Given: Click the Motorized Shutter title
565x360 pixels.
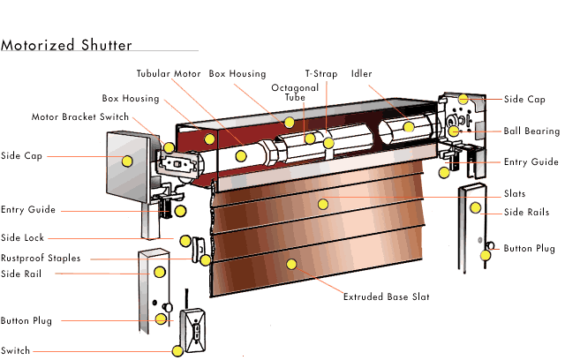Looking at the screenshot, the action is click(x=66, y=45).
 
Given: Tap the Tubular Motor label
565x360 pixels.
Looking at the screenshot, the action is click(x=169, y=73).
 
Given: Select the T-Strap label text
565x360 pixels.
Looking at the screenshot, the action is click(x=321, y=73).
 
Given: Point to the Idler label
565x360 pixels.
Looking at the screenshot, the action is click(x=361, y=73).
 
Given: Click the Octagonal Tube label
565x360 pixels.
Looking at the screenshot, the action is click(x=295, y=93).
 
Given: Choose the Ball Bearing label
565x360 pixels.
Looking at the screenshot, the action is click(x=531, y=131).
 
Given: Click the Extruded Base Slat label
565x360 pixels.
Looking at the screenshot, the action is click(x=387, y=296).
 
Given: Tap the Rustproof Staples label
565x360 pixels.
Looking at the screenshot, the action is click(x=41, y=259).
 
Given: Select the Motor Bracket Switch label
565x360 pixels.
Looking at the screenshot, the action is click(x=80, y=116).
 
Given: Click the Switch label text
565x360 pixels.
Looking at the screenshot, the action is click(x=15, y=350).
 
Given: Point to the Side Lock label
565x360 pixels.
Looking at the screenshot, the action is click(x=22, y=237).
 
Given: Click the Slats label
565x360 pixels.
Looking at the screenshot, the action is click(x=515, y=193).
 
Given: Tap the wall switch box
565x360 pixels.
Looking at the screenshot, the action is click(x=192, y=330).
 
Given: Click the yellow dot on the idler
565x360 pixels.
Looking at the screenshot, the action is click(x=409, y=127).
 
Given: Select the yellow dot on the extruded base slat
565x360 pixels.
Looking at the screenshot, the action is click(x=291, y=264).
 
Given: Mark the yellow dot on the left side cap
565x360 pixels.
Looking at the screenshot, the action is click(x=127, y=161).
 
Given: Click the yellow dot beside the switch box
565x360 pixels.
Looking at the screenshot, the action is click(x=177, y=351).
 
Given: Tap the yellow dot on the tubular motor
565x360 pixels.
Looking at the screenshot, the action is click(x=241, y=156).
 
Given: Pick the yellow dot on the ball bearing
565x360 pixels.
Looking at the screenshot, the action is click(x=454, y=131).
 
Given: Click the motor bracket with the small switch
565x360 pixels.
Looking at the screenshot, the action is click(x=179, y=165).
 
